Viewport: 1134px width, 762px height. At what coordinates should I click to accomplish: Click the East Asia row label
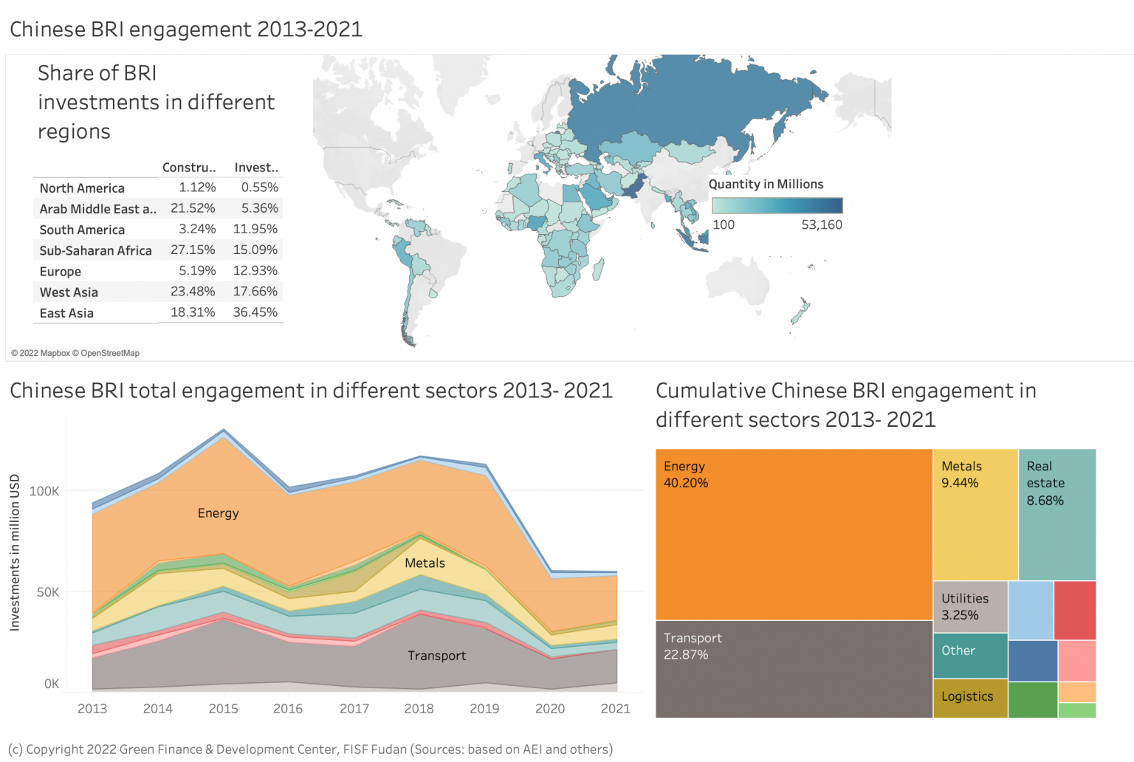coord(66,313)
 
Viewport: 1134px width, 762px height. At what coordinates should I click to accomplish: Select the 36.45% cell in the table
coord(255,312)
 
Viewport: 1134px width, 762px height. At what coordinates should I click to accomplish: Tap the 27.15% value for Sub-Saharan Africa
coord(193,250)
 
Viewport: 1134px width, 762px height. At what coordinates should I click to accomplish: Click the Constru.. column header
coord(189,168)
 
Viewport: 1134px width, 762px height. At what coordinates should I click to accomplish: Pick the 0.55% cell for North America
coord(259,188)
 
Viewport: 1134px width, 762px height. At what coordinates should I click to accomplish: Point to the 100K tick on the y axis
coord(44,491)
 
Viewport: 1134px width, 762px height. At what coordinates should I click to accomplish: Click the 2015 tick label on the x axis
coord(223,709)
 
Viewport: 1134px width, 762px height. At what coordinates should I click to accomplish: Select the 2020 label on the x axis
coord(550,709)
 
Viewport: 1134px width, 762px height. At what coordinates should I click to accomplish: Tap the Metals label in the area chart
coord(425,563)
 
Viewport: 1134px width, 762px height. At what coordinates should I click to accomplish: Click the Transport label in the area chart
coord(436,656)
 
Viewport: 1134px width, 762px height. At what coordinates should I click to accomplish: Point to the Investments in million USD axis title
coord(15,552)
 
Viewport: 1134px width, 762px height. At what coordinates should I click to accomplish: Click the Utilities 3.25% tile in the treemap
coord(970,607)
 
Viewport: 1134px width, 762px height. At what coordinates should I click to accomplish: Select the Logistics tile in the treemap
coord(970,698)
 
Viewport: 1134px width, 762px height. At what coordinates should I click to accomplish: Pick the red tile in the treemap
coord(1075,610)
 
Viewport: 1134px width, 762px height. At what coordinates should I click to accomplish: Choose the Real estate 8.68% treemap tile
coord(1057,515)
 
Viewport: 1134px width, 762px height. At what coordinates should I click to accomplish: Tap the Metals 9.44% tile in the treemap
coord(975,515)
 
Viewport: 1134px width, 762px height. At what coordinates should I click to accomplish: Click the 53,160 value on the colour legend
coord(822,224)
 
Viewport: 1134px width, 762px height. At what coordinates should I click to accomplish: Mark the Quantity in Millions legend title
coord(766,185)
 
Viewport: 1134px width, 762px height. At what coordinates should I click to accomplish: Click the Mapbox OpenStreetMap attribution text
coord(75,353)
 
